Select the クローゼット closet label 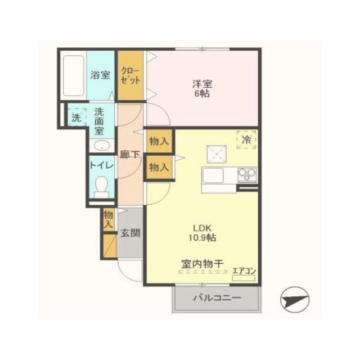[x=130, y=76]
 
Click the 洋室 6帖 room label [x=201, y=89]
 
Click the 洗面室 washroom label [x=100, y=121]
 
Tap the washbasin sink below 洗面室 [x=101, y=146]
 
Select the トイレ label [x=101, y=166]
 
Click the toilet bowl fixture [x=101, y=186]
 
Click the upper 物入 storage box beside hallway [x=158, y=141]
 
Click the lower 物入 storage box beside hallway [x=158, y=167]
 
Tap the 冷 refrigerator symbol [x=246, y=139]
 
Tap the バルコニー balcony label [x=218, y=298]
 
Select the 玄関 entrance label [x=130, y=233]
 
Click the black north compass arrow [x=295, y=299]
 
